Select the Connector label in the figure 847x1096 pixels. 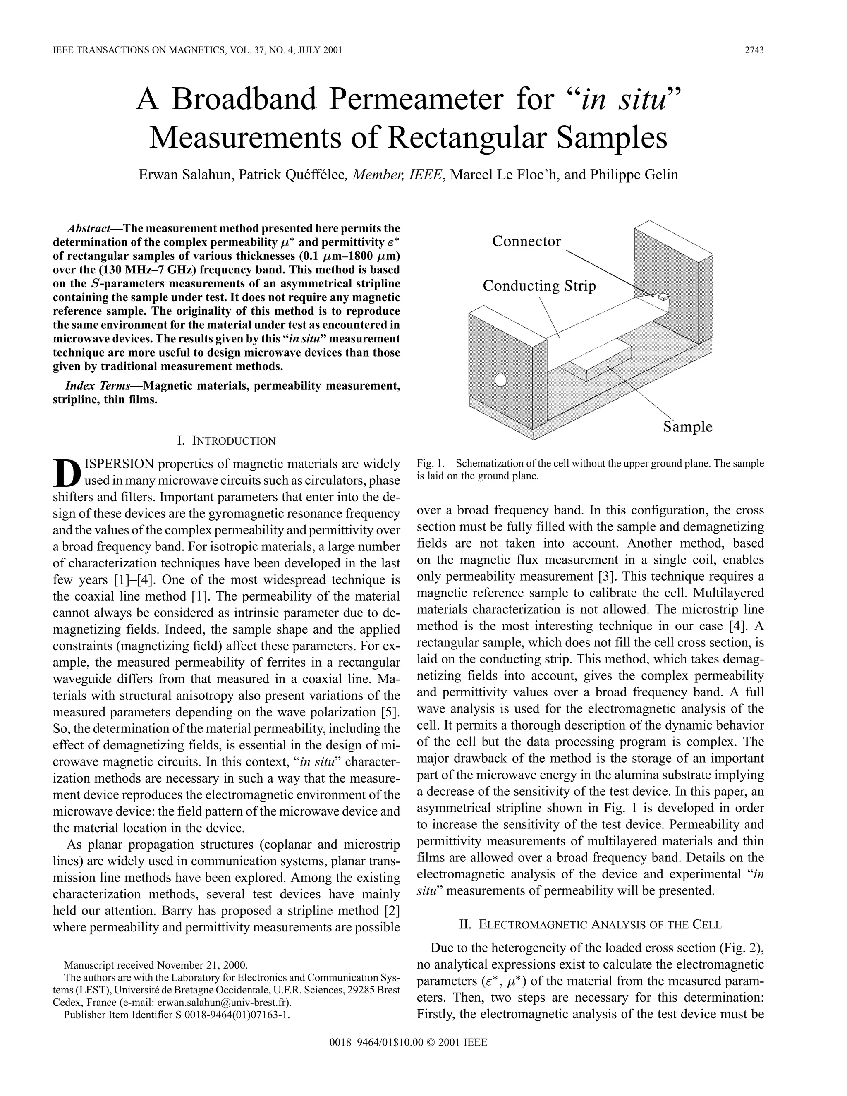point(526,242)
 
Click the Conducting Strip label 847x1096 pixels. point(539,286)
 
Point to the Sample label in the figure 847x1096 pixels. point(687,427)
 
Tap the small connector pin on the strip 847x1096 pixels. point(663,297)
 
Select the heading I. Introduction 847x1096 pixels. point(226,441)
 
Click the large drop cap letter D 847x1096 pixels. point(66,474)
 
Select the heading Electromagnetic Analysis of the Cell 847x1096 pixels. point(590,924)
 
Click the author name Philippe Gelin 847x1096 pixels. point(634,175)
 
